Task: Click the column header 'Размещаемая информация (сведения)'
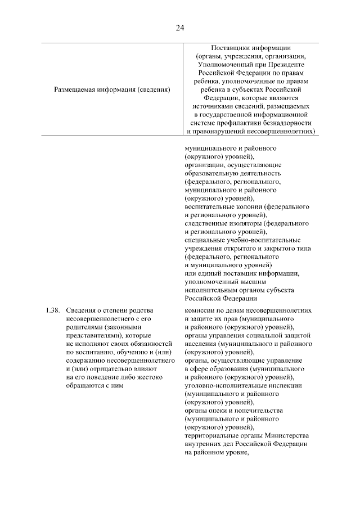[112, 89]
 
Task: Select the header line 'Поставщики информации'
[251, 48]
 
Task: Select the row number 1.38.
[52, 310]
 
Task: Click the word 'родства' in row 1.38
[142, 310]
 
